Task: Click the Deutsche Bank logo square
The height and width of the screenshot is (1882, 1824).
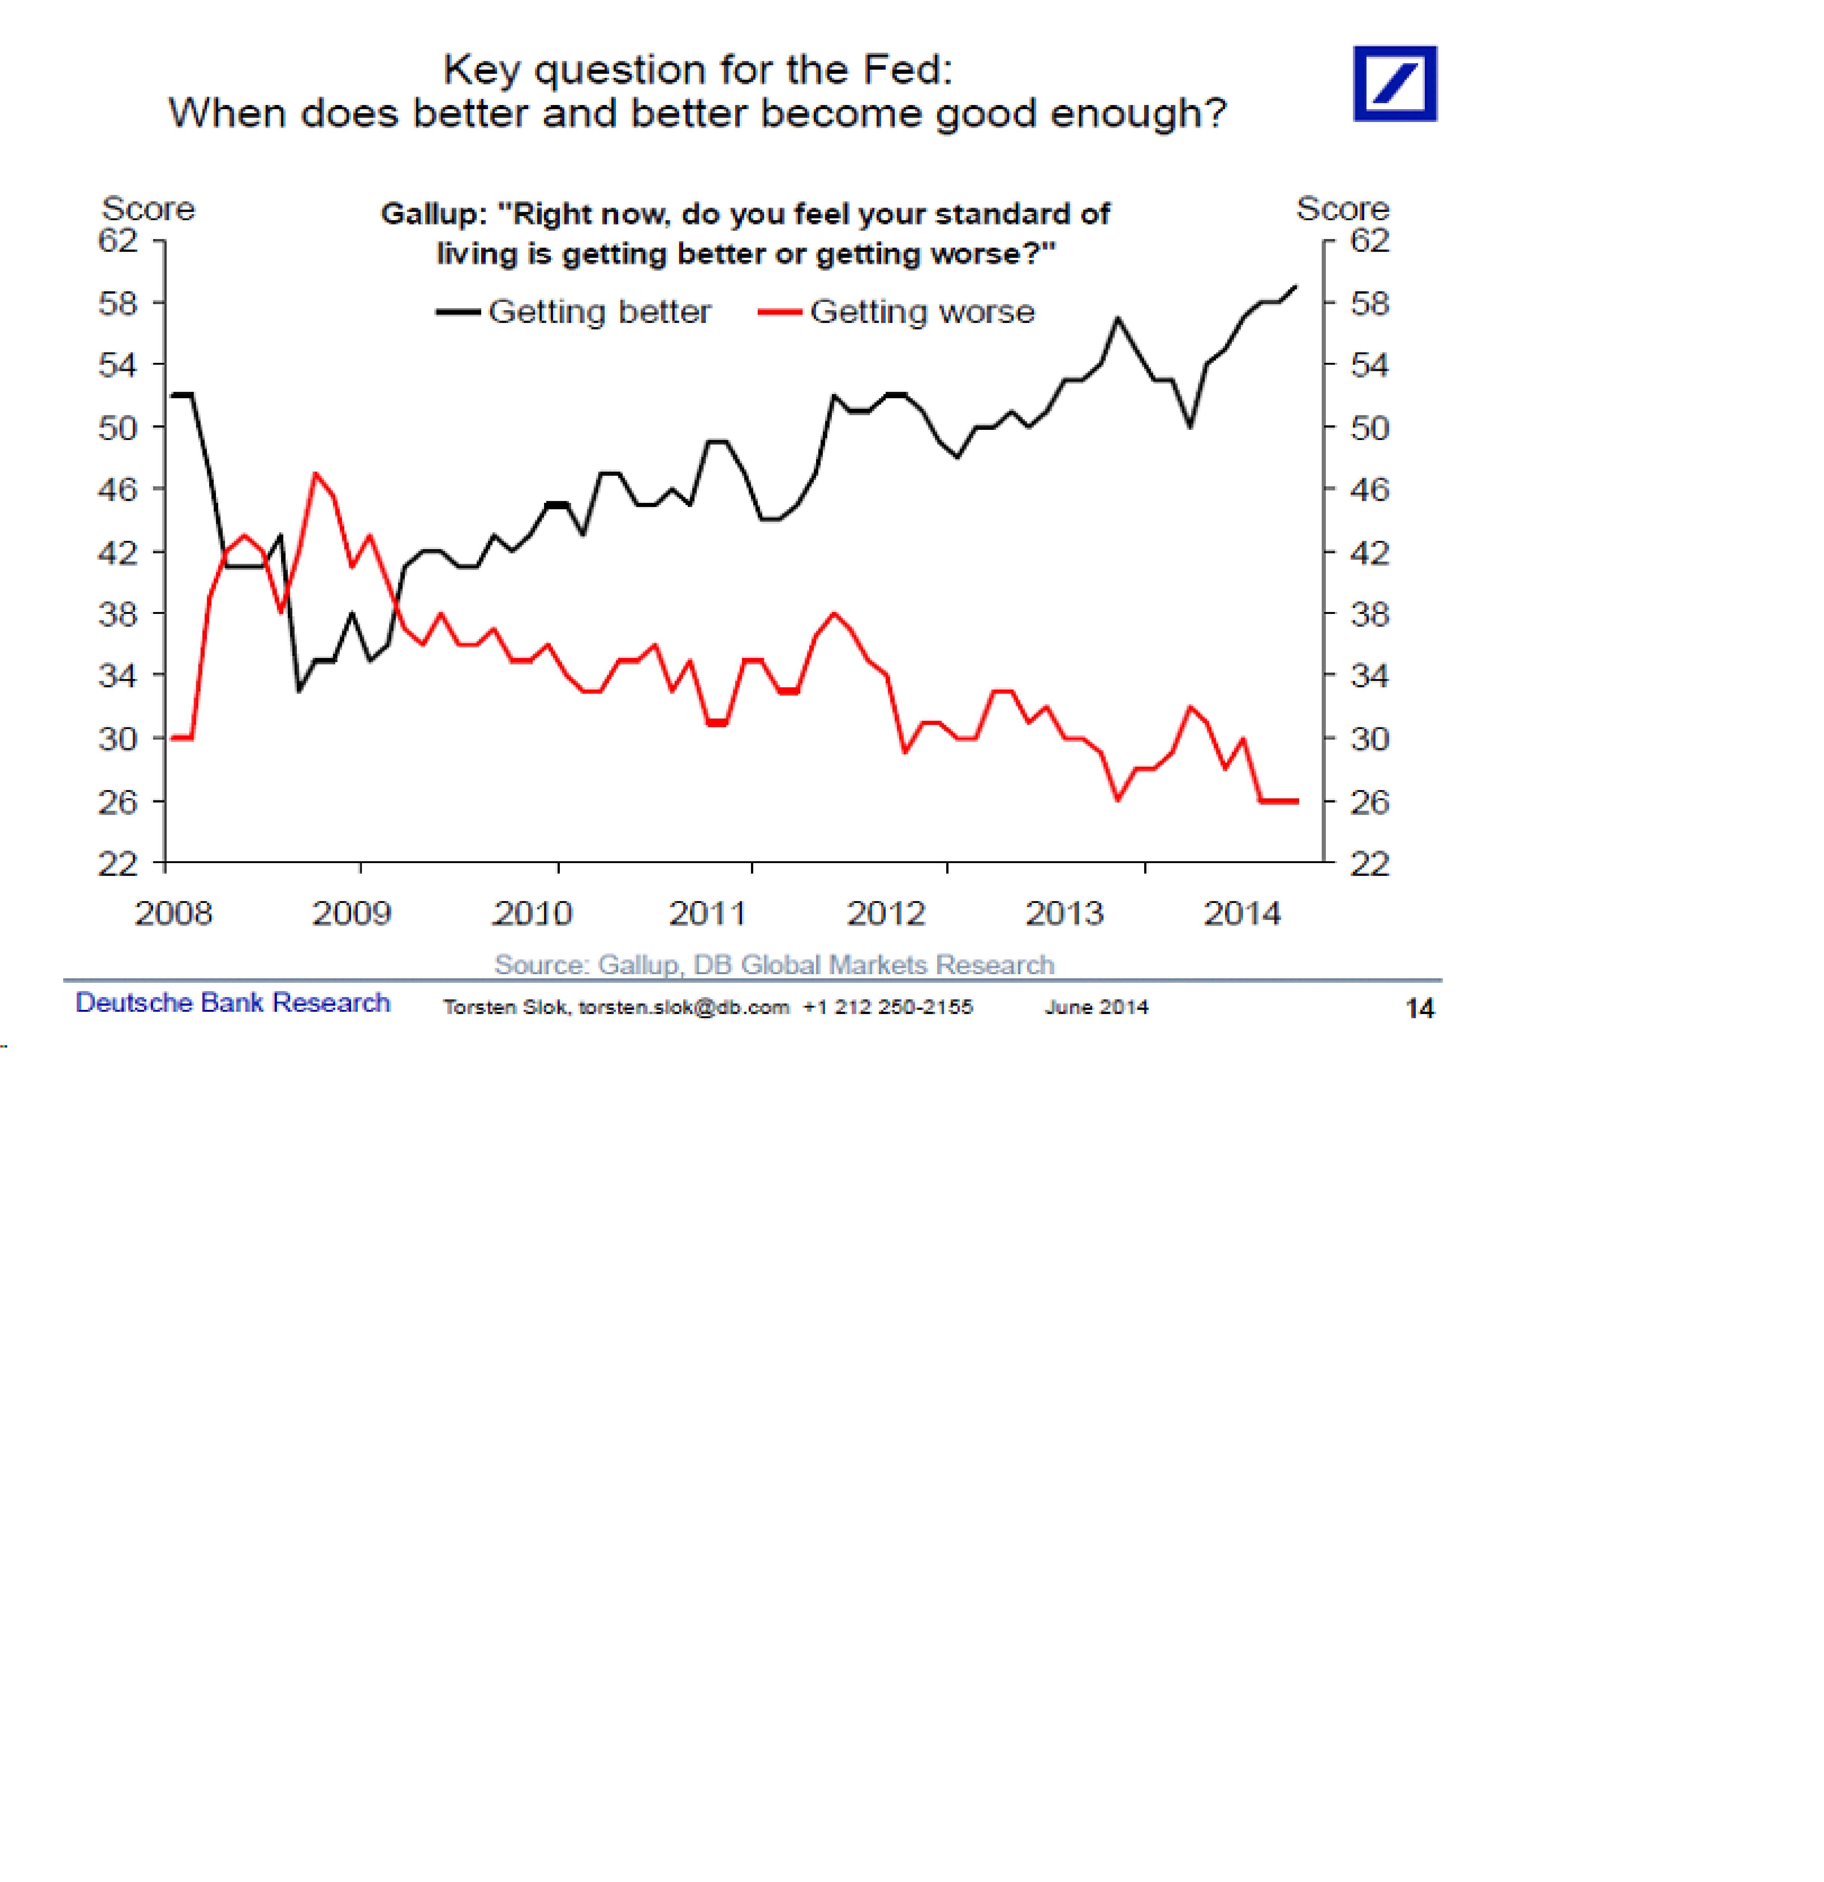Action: coord(1395,84)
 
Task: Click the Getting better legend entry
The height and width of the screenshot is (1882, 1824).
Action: coord(574,312)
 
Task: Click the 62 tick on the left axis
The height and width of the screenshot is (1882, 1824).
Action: coord(118,240)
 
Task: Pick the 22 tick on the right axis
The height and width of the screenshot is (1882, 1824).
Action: coord(1370,864)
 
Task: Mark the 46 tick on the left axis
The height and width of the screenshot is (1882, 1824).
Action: coord(118,490)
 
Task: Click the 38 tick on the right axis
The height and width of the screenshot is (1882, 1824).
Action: coord(1370,615)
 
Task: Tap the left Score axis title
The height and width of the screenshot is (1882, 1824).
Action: coord(149,209)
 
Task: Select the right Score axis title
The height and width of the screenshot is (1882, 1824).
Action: coord(1342,209)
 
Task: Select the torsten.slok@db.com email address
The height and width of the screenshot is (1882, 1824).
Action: coord(684,1007)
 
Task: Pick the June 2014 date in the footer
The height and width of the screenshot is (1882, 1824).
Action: coord(1096,1007)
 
